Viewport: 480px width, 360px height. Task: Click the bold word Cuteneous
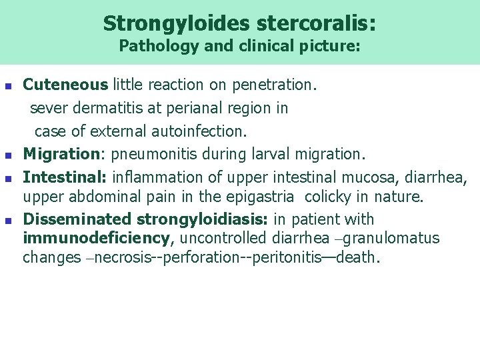click(x=65, y=85)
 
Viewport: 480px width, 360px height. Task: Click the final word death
click(x=358, y=257)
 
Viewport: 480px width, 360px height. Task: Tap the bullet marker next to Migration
click(x=8, y=155)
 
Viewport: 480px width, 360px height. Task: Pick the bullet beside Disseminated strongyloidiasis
click(x=8, y=221)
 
